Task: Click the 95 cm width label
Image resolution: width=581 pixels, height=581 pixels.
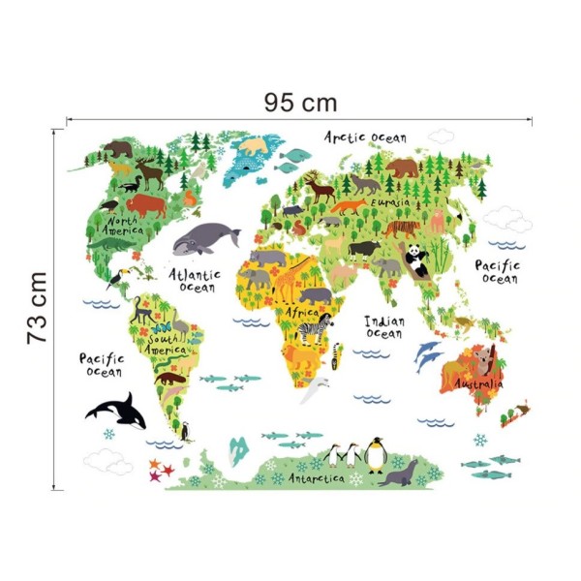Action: click(x=299, y=101)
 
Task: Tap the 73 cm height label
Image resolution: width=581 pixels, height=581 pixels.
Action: click(x=37, y=308)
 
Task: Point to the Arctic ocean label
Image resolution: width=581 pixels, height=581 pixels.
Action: click(x=365, y=138)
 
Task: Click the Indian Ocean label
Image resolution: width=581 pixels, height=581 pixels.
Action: click(x=383, y=326)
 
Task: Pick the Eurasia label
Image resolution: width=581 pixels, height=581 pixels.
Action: click(x=390, y=203)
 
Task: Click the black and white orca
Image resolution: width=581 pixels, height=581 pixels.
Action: click(x=118, y=411)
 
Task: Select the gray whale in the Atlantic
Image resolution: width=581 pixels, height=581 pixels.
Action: click(x=206, y=237)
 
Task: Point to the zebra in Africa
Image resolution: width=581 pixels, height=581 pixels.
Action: click(x=314, y=332)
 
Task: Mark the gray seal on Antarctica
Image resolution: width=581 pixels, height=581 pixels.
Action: click(x=397, y=474)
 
